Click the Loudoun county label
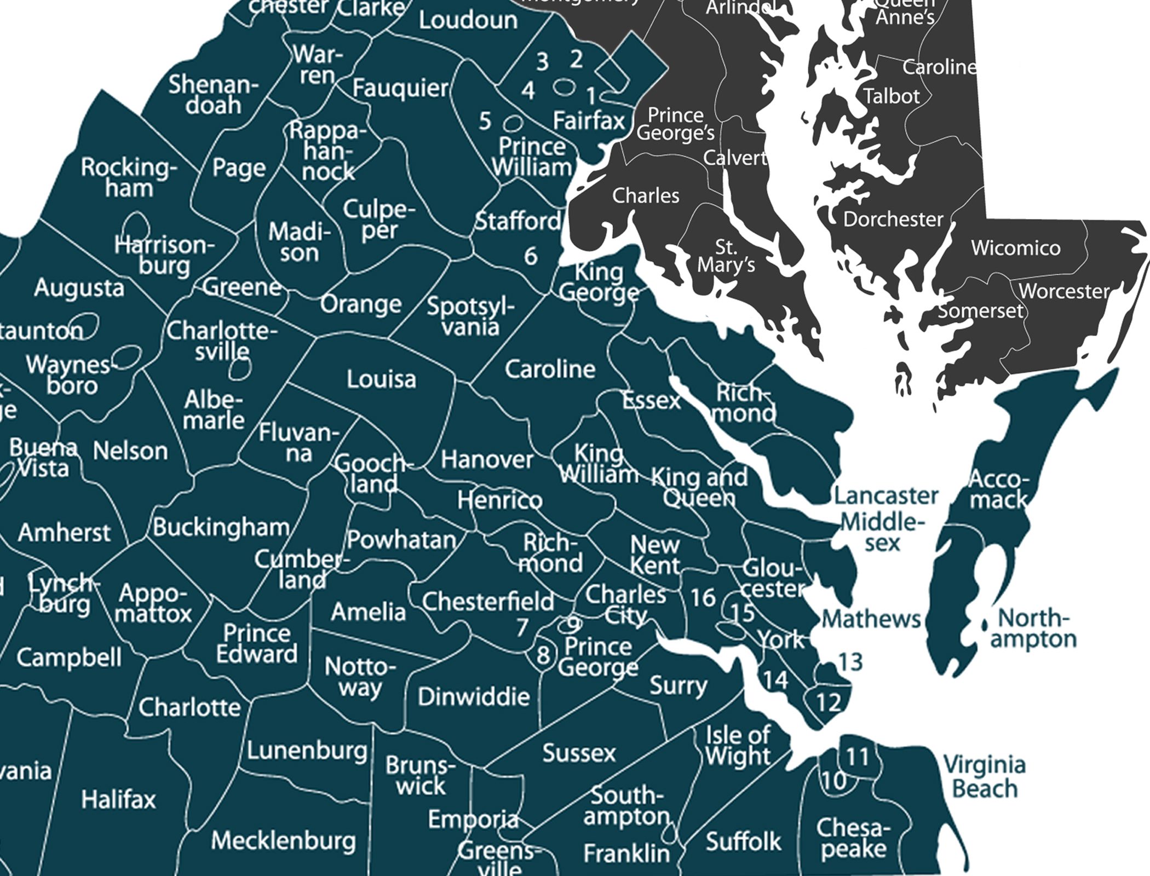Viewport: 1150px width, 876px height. point(468,20)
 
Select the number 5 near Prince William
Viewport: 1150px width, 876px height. point(485,122)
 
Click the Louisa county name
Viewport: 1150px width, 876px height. point(381,379)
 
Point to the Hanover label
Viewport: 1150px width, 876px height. point(487,459)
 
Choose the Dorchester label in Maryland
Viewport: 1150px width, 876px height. point(893,219)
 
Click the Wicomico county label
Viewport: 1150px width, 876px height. point(1015,248)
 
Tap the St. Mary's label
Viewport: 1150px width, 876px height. point(726,256)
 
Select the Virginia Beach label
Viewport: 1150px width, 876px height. point(984,777)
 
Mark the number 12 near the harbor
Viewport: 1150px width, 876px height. point(828,702)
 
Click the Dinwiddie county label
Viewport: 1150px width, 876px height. point(474,697)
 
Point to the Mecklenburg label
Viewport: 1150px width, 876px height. point(283,840)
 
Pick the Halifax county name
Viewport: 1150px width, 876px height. point(118,800)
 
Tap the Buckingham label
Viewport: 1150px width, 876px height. point(221,527)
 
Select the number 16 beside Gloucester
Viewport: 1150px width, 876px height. point(703,598)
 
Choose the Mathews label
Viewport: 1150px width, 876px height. point(871,619)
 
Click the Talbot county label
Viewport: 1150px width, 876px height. point(892,96)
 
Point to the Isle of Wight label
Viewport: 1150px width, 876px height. point(738,746)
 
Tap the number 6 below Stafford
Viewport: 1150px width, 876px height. point(530,256)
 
